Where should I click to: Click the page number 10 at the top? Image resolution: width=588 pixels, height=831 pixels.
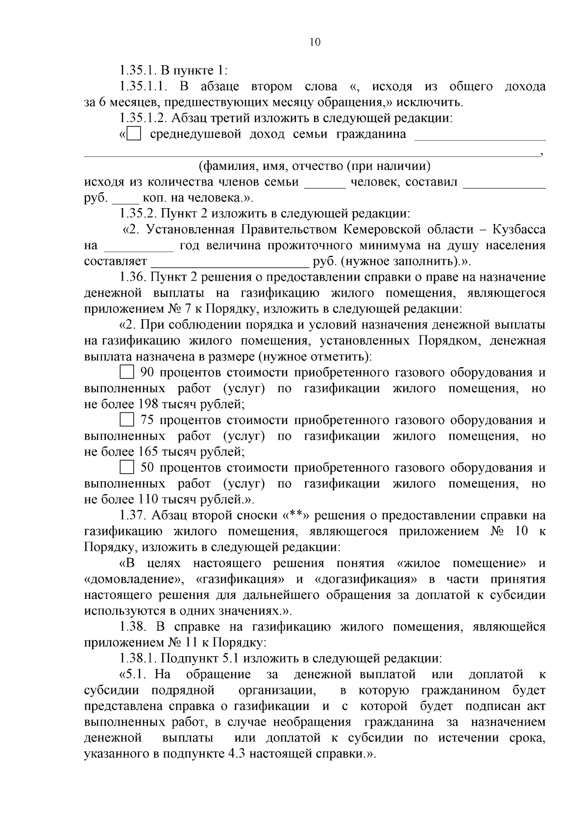(315, 42)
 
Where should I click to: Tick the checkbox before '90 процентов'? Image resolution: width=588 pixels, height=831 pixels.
(127, 373)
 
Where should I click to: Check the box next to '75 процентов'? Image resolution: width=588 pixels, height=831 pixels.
(127, 420)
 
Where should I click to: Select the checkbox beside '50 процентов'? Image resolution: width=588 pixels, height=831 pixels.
(127, 468)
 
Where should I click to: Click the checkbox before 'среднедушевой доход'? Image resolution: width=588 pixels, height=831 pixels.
(134, 134)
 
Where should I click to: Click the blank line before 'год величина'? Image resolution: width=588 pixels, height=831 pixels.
(139, 249)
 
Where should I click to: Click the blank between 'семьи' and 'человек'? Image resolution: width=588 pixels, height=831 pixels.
(325, 186)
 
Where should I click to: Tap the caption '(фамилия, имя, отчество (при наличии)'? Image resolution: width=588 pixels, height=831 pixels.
(314, 166)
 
